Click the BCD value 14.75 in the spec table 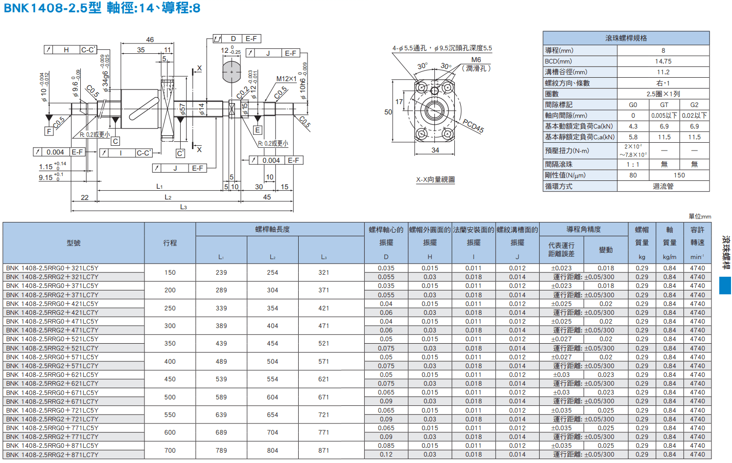coord(663,61)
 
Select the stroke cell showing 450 coord(170,379)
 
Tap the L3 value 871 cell coord(324,450)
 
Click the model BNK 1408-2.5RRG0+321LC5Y coord(52,268)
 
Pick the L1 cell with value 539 coord(221,379)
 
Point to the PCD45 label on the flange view coord(473,126)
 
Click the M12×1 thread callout coord(286,79)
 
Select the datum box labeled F coord(49,131)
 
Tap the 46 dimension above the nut coord(150,40)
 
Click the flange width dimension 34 coord(435,150)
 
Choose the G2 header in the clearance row coord(694,105)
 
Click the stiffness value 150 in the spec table coord(679,175)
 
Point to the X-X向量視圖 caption coord(435,179)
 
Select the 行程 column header coord(170,243)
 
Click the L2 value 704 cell coord(273,432)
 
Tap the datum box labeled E coord(258,130)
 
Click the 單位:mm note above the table coord(700,216)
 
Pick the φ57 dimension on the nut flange coord(182,110)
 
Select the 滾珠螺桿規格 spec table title coord(626,38)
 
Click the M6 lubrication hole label coord(476,60)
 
